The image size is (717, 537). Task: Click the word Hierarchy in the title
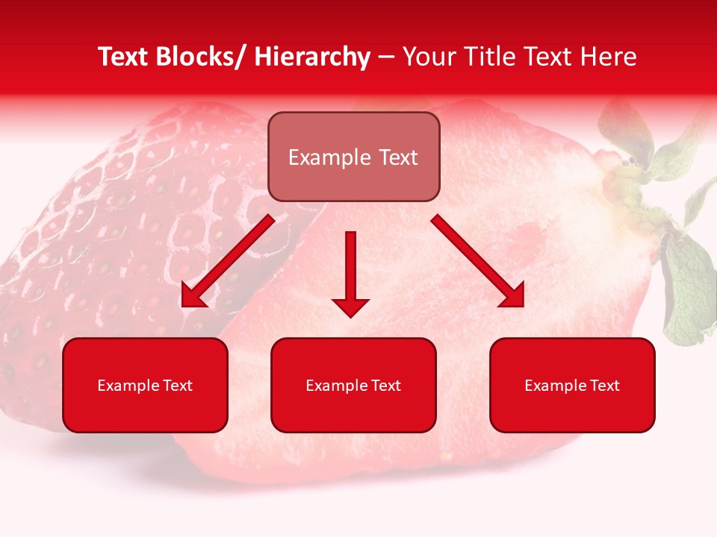click(312, 57)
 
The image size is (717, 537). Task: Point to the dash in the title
click(386, 58)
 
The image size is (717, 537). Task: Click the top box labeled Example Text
click(353, 157)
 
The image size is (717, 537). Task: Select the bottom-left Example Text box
click(145, 385)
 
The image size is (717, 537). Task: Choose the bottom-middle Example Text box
click(353, 385)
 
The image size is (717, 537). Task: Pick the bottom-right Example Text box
click(572, 385)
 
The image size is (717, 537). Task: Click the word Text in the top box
click(397, 157)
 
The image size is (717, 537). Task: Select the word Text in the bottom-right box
click(604, 386)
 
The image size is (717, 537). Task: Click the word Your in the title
click(427, 57)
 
